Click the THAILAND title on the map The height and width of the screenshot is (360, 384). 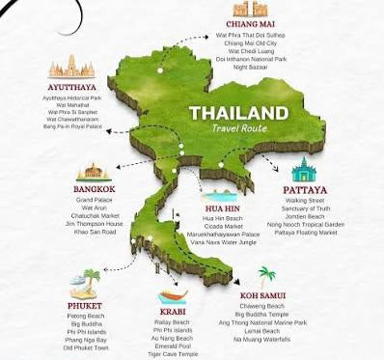pyautogui.click(x=238, y=111)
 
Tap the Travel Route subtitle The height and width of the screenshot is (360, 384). pyautogui.click(x=239, y=128)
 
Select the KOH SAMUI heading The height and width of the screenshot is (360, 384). pyautogui.click(x=263, y=294)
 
